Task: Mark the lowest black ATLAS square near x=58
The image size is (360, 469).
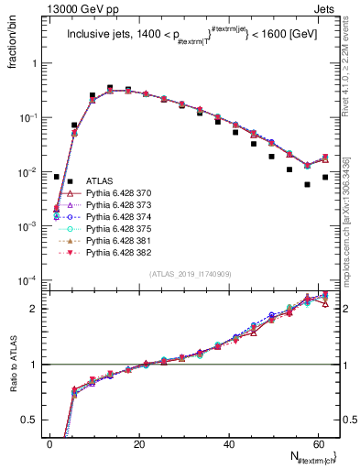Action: [307, 184]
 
